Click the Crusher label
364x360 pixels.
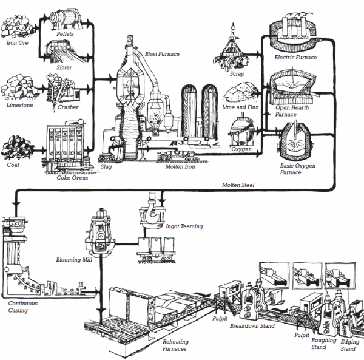tap(68, 107)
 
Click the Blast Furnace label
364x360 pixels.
tap(162, 54)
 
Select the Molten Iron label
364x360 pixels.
tap(180, 166)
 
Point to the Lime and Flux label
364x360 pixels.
tap(240, 107)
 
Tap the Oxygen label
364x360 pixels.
tap(241, 149)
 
